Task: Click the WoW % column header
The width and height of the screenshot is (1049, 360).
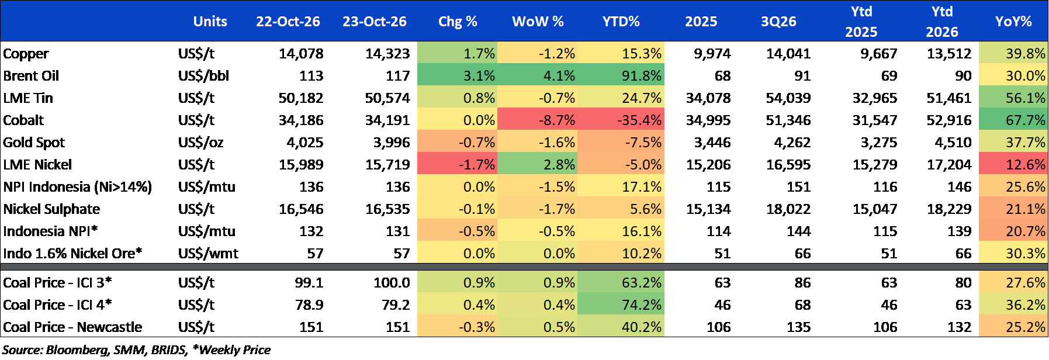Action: click(538, 22)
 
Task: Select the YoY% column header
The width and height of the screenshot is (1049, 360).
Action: click(1013, 22)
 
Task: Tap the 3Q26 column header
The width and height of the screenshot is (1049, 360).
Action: click(778, 22)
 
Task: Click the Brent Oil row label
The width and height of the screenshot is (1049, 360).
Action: click(31, 76)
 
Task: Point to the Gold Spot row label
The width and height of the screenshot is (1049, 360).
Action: click(34, 143)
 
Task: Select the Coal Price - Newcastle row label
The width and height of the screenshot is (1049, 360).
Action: click(72, 327)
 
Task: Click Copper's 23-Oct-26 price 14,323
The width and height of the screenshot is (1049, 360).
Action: click(387, 54)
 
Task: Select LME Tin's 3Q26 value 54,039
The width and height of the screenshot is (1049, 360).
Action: click(788, 98)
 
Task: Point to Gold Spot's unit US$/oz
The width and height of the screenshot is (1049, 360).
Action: click(200, 143)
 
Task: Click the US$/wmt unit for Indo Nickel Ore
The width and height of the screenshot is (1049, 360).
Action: click(208, 254)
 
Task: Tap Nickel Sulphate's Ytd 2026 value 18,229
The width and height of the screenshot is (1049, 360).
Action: click(949, 209)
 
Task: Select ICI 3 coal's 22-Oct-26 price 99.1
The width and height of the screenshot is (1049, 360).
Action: click(309, 283)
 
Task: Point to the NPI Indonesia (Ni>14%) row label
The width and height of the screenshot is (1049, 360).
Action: click(77, 187)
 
